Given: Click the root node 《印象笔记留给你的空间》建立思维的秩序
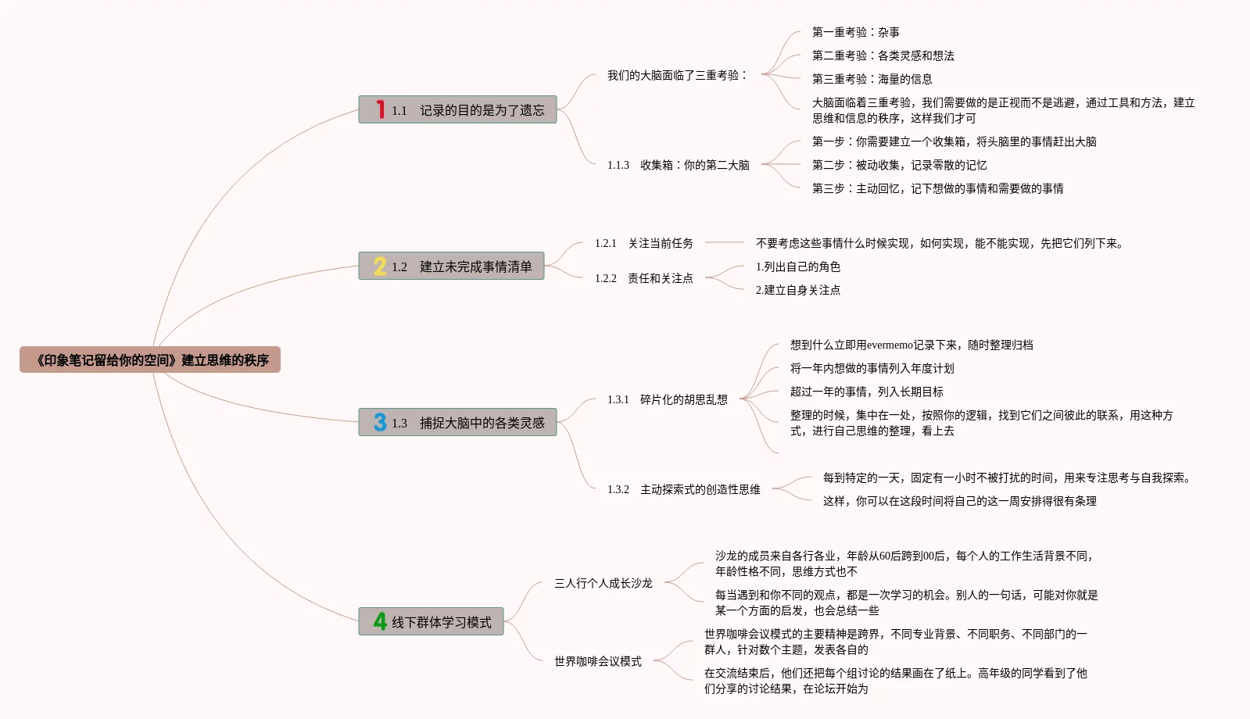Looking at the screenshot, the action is [x=150, y=360].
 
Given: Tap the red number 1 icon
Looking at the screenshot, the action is [x=380, y=109].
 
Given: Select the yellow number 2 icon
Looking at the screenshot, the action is [x=380, y=266].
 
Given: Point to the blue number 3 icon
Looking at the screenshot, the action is [x=380, y=422].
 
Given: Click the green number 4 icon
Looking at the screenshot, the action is [x=380, y=621].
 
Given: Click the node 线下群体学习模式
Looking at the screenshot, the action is [x=441, y=622].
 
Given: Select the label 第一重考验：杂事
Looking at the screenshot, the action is [x=855, y=32].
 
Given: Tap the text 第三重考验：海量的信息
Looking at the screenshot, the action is [x=872, y=79].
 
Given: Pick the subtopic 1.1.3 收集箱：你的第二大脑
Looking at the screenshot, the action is [x=678, y=165].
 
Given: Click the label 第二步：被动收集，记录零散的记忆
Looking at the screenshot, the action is [x=899, y=165].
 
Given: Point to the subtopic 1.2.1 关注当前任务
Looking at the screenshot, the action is [x=643, y=243].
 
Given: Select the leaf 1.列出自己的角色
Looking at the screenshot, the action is [x=797, y=266].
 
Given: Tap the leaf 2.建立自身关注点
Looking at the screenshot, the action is [x=797, y=290].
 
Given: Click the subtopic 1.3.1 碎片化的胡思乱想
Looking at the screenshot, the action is [x=667, y=399].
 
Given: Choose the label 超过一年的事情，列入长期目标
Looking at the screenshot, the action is [x=866, y=392].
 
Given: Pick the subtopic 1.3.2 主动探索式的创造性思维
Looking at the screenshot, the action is [x=683, y=489].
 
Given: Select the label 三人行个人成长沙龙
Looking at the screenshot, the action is [x=603, y=583].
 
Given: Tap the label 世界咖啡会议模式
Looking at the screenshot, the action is [x=597, y=661].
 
